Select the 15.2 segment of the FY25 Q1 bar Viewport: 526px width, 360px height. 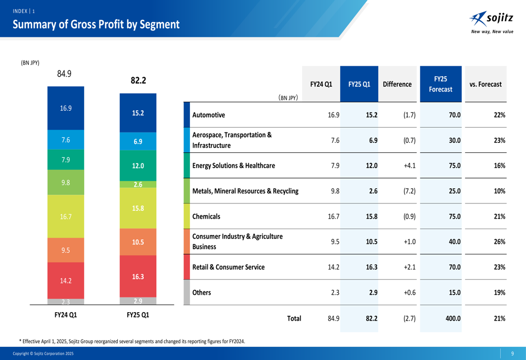pos(138,112)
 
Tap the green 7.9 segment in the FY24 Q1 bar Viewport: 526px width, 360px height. pos(66,159)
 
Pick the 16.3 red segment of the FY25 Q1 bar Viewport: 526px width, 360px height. pos(138,276)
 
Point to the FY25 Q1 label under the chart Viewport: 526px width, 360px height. pos(138,315)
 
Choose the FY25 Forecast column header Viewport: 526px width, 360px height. pos(440,84)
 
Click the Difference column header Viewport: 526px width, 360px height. pos(397,84)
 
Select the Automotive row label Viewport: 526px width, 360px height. pos(209,115)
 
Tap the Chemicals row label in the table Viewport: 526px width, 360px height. pos(206,217)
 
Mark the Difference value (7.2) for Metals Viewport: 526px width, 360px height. pos(409,191)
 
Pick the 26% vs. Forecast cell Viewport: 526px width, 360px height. pos(499,242)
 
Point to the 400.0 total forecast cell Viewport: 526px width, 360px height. pos(453,318)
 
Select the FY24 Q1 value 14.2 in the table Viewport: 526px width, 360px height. pos(333,267)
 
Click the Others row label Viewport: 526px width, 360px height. pos(201,293)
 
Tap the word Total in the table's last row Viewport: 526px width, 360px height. pos(294,318)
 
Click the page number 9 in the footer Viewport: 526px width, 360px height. pos(512,354)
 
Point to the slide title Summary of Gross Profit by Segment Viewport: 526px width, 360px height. pos(96,25)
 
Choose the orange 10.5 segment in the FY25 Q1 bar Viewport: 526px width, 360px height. pos(138,242)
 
